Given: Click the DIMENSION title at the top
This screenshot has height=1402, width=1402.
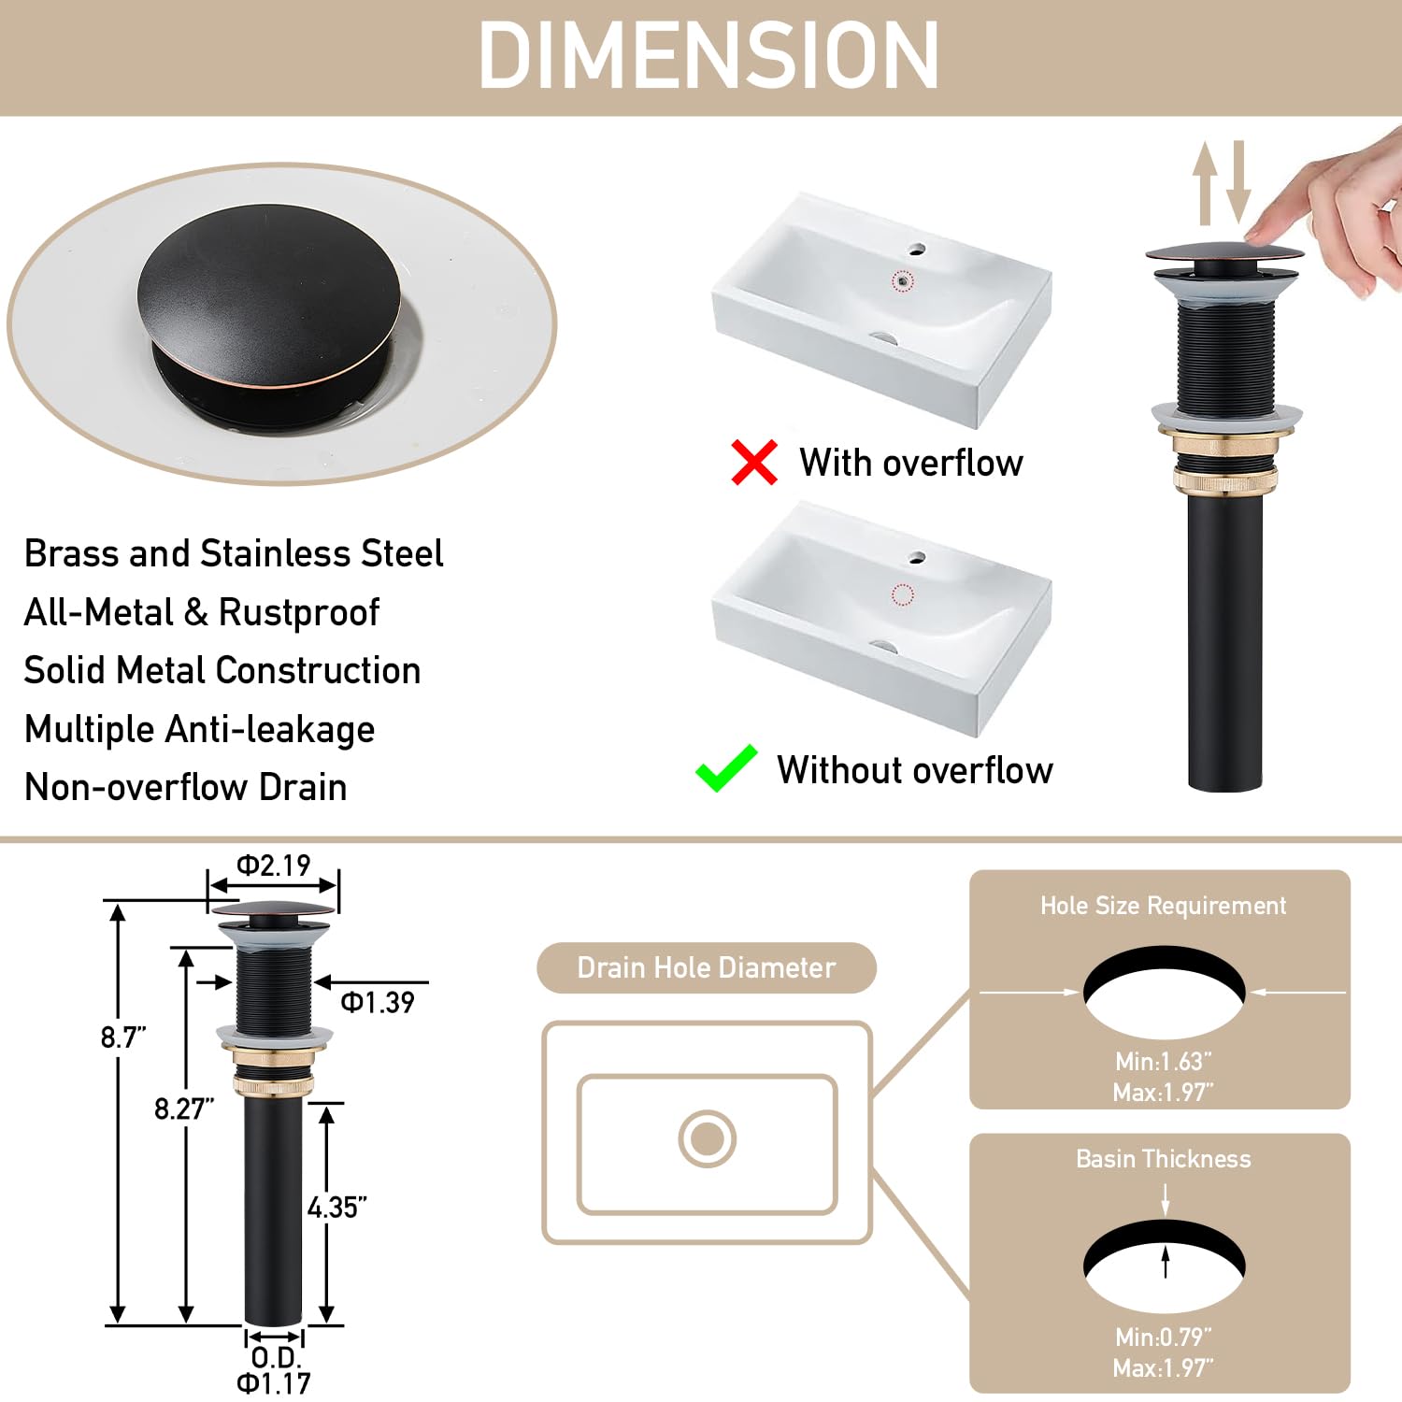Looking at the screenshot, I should [x=708, y=56].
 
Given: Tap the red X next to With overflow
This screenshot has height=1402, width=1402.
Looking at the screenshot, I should [x=754, y=463].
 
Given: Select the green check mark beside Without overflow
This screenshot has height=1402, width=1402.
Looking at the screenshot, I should [x=726, y=768].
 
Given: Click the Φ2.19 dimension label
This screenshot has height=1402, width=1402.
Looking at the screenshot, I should [x=273, y=866].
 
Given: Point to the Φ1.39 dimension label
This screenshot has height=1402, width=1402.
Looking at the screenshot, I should [x=377, y=1003].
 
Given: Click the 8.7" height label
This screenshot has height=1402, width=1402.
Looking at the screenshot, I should [x=123, y=1037].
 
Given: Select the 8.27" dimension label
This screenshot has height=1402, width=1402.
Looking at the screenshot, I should [x=184, y=1109].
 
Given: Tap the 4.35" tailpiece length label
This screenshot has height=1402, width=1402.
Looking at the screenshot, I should [x=336, y=1208].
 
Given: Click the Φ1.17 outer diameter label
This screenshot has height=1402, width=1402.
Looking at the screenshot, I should [x=273, y=1382].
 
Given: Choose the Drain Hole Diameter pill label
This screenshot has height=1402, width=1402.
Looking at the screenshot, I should [x=707, y=967].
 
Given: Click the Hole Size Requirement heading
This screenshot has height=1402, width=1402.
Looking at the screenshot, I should [x=1163, y=906].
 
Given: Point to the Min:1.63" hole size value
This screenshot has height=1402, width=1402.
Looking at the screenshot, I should [x=1163, y=1062].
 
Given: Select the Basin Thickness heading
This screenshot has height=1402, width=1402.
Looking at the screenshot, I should [x=1163, y=1159].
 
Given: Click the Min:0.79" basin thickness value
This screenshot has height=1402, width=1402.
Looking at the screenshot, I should [x=1163, y=1338].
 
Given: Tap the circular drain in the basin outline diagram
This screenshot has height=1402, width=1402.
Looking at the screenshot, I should [x=707, y=1138].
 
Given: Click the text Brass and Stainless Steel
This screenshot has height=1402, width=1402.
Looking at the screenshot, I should [x=234, y=553].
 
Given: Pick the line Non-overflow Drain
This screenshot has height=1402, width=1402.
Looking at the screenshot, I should [x=185, y=787].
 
